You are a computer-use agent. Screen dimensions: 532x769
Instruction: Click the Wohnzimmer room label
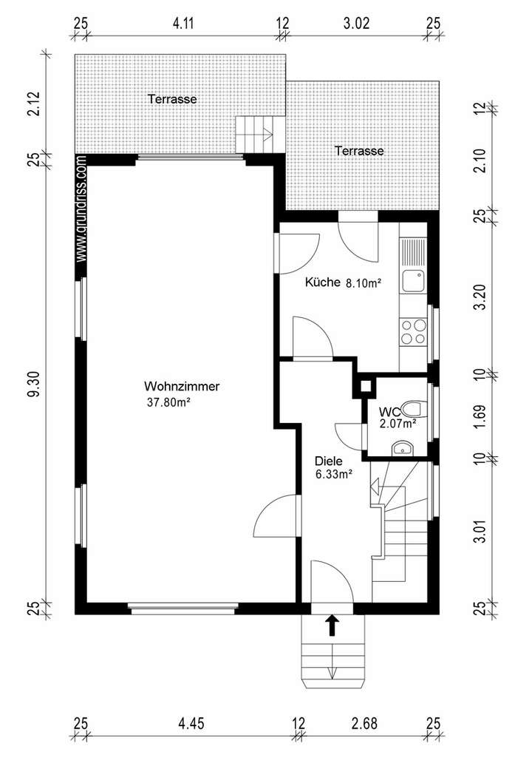click(x=182, y=387)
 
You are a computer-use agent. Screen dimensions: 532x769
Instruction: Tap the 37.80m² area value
click(x=168, y=403)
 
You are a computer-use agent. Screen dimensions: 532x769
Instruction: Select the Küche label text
click(x=322, y=282)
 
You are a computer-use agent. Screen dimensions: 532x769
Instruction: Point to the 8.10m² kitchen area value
click(x=364, y=283)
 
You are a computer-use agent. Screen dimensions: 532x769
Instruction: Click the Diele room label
click(x=328, y=461)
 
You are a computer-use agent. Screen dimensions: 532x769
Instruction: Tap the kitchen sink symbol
click(x=413, y=282)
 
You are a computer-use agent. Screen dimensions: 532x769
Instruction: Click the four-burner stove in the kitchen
click(x=414, y=331)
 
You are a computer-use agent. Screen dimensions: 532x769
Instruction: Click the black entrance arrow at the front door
click(x=332, y=625)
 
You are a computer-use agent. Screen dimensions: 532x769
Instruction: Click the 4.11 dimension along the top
click(x=183, y=23)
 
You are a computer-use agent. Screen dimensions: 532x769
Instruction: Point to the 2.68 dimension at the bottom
click(x=364, y=723)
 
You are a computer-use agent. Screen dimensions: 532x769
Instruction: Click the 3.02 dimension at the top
click(x=356, y=23)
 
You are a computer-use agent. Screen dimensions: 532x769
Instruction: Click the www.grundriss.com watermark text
click(x=81, y=209)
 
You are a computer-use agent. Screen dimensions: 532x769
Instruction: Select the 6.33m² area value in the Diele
click(x=334, y=475)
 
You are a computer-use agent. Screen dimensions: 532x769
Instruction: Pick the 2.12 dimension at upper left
click(x=34, y=104)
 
